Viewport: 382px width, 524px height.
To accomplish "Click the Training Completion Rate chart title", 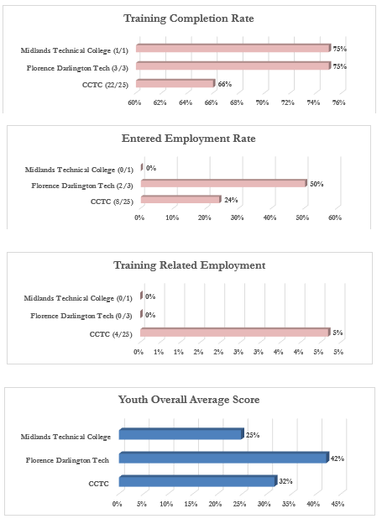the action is [189, 18].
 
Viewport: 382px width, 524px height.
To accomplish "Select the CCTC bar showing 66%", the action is [175, 83].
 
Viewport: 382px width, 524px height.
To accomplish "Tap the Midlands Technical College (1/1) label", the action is [74, 50].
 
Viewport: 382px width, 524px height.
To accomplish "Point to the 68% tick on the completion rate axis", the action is [237, 102].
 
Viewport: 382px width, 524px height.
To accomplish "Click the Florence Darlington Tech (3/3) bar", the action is [233, 65].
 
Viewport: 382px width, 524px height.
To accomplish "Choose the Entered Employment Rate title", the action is [189, 139].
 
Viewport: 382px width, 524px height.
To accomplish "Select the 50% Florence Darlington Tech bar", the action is [223, 183].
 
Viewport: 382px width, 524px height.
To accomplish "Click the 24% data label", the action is [231, 200].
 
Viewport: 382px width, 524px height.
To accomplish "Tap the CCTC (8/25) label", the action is [112, 202].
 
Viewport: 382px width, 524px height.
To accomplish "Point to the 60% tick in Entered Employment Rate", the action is [335, 217].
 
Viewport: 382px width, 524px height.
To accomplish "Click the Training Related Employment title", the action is [190, 265].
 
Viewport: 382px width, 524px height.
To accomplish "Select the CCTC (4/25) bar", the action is [235, 333].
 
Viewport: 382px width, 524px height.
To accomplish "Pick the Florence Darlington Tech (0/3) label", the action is [81, 316].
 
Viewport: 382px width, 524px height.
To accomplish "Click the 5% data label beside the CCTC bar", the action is [338, 333].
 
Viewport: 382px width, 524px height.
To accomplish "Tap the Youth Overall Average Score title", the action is [189, 400].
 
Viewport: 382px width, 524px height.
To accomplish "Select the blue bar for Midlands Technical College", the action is [181, 434].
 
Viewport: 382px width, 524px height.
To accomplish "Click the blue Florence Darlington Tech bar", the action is [224, 458].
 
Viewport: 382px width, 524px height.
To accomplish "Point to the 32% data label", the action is [285, 481].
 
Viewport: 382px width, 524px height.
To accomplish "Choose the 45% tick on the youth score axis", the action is [338, 504].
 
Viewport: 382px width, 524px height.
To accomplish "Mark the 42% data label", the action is [338, 458].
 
